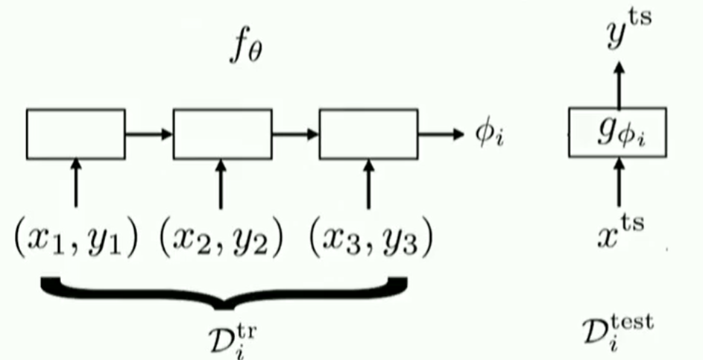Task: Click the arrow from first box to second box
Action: point(149,134)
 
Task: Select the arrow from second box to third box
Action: point(295,134)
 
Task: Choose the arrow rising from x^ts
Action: point(619,183)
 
